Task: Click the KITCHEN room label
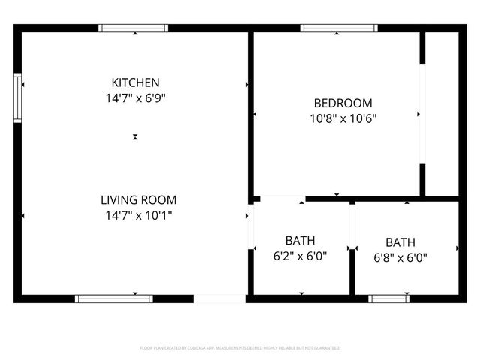135,82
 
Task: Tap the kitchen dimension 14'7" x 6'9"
135,97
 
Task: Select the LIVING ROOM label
138,199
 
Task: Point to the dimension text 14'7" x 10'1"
138,215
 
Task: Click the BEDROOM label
342,103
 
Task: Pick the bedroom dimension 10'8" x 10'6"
343,118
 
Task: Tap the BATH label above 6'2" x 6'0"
300,240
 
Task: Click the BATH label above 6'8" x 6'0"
400,242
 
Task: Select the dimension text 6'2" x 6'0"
300,256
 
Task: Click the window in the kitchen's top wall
134,28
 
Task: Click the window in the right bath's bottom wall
389,298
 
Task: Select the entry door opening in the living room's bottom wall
220,298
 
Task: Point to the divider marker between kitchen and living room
135,137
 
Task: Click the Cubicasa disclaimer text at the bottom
240,348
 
